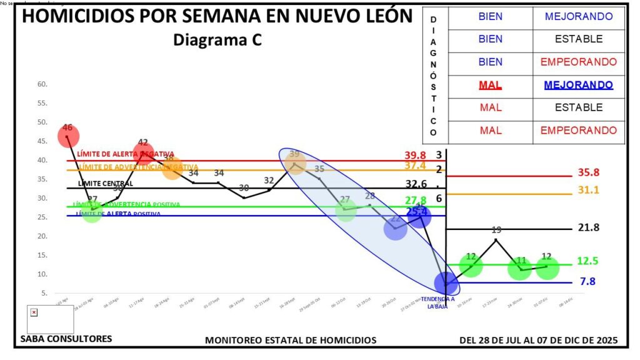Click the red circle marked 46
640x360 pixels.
pos(68,136)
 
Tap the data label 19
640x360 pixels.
pos(496,230)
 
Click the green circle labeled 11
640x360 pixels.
pos(520,269)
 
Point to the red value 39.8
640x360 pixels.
pos(415,155)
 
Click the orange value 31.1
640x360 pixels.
pos(588,189)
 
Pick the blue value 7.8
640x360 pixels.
pos(587,281)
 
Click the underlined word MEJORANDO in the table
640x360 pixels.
pos(578,85)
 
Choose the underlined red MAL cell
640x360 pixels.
pos(490,85)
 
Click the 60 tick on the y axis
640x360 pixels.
pos(42,84)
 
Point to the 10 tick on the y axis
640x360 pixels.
pos(42,274)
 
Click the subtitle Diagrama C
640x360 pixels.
pos(217,40)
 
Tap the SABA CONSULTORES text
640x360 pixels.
pos(66,339)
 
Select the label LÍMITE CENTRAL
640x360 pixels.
pos(105,184)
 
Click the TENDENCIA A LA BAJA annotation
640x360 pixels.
pos(437,302)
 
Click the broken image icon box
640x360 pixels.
pos(34,312)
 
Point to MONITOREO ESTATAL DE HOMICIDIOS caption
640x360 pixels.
pos(291,340)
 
